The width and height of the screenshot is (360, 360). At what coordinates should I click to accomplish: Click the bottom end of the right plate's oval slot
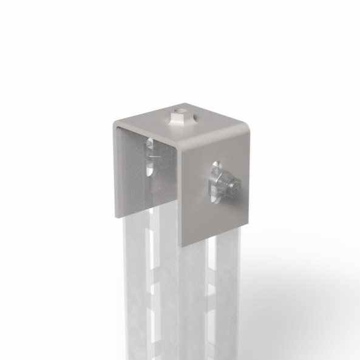tap(214, 199)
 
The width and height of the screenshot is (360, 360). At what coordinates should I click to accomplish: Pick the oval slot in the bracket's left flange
tap(149, 157)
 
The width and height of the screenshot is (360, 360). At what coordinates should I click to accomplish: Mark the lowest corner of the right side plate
tap(182, 246)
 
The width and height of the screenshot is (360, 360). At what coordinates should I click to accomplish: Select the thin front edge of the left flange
tap(114, 170)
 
